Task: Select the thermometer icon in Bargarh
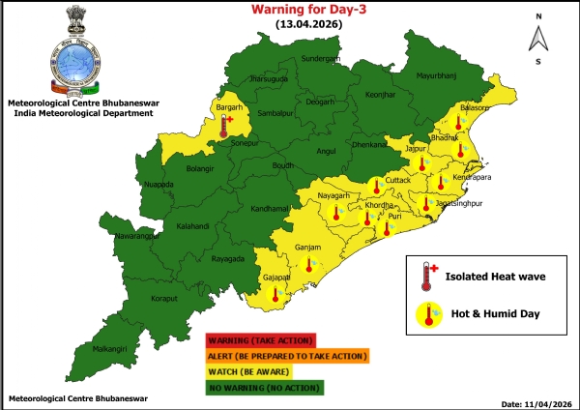pos(225,124)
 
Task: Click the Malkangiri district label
pos(111,346)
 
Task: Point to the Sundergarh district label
pos(323,58)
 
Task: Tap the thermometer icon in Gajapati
pos(276,294)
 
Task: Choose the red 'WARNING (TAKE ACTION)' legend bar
pos(260,340)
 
